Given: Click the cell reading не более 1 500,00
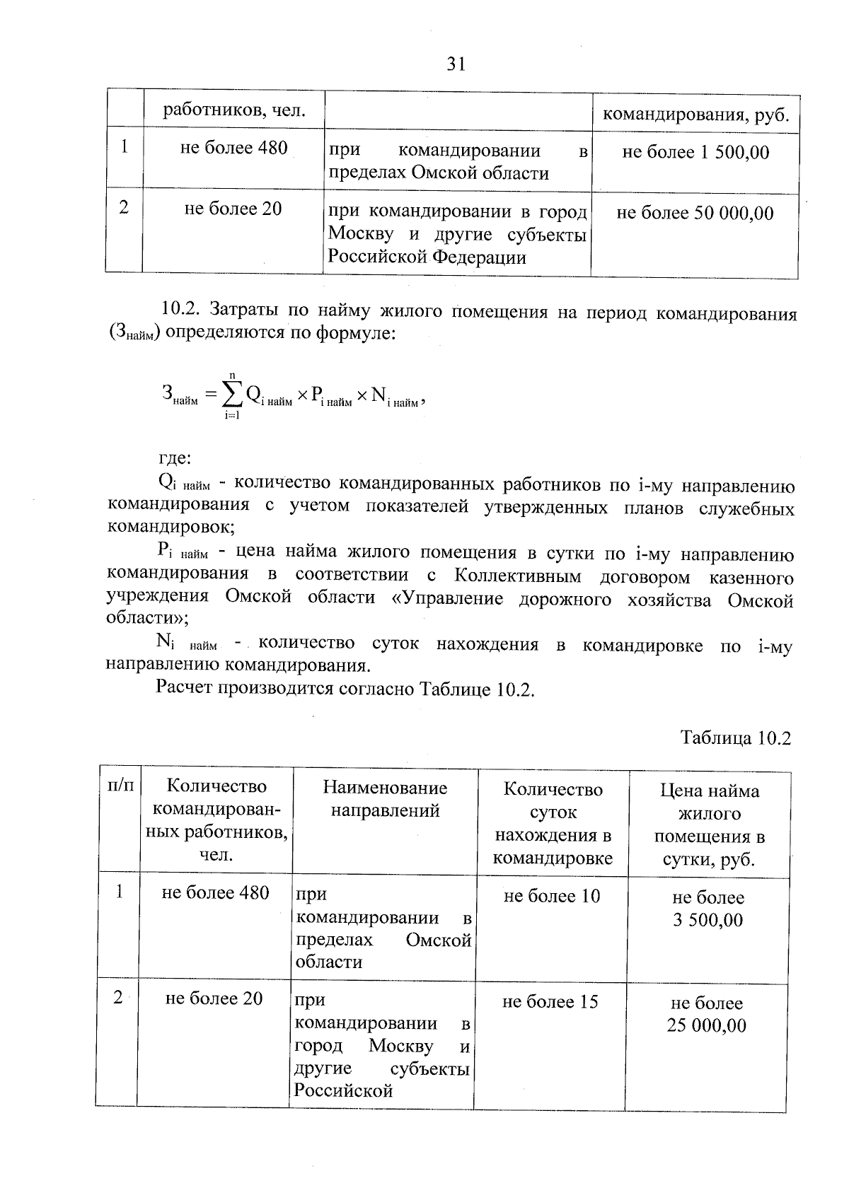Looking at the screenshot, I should coord(695,152).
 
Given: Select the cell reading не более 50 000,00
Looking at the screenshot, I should coord(695,213).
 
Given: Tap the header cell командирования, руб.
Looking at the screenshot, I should coord(695,115).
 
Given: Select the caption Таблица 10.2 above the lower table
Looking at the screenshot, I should coord(735,738).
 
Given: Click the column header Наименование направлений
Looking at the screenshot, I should coord(385,799).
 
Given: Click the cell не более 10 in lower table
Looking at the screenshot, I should coord(552,896).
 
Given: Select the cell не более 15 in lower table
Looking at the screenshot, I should coord(550,1001).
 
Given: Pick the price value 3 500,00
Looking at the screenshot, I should coord(707,920).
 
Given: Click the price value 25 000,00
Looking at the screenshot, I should coord(706,1025).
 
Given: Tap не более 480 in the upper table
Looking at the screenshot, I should coord(234,148).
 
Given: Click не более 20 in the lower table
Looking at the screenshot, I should coord(214,998).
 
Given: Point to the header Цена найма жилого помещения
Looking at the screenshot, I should coord(709,825).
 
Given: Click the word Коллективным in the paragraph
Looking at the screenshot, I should coord(518,576).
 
